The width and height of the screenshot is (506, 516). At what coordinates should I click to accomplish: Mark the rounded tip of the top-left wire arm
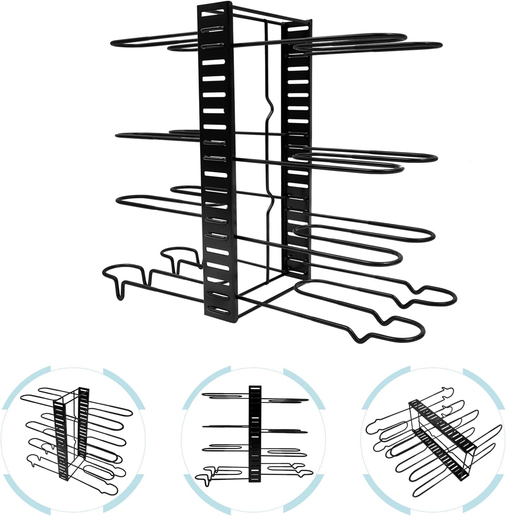click(x=114, y=43)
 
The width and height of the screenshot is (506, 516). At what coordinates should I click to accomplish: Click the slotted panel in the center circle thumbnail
click(x=254, y=439)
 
